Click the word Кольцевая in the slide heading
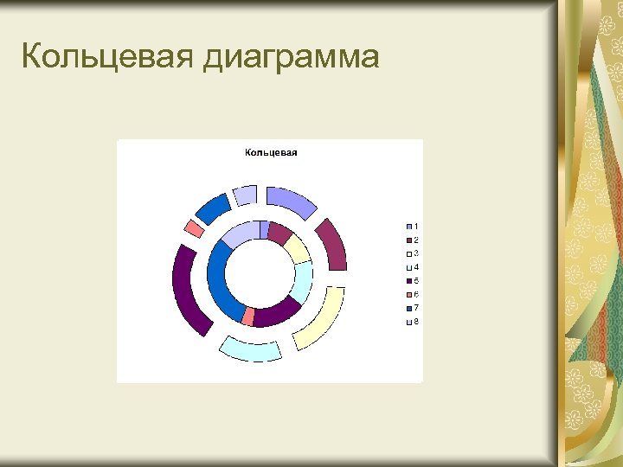[x=107, y=57]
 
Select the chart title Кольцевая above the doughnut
[x=271, y=153]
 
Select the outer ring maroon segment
[x=332, y=245]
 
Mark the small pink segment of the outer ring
[x=195, y=228]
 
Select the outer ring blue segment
[x=213, y=208]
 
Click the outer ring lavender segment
[x=245, y=195]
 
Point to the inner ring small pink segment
[x=249, y=316]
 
